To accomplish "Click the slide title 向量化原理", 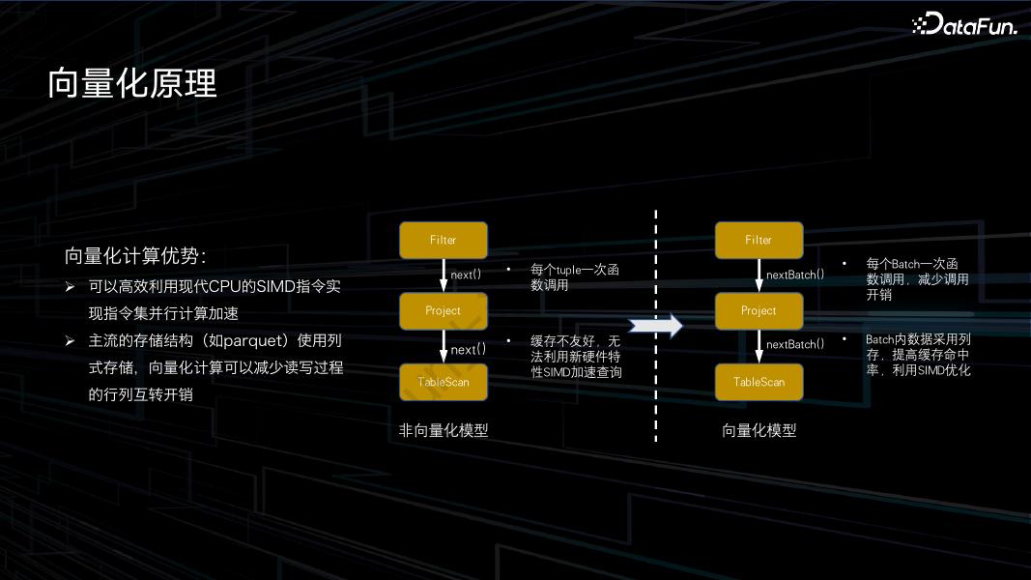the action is (x=132, y=84).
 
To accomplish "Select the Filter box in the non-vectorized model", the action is (x=443, y=240).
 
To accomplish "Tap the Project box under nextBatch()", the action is (x=759, y=310).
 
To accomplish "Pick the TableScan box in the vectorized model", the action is (x=759, y=382).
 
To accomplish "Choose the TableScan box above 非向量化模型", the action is (x=443, y=382).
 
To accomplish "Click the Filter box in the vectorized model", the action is (x=759, y=240).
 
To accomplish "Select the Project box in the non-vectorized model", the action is (x=443, y=310).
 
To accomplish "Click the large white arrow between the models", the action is (x=656, y=326).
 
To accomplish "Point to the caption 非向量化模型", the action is (x=444, y=430).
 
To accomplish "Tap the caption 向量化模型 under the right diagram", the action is (x=759, y=430).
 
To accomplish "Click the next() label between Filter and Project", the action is (x=466, y=275).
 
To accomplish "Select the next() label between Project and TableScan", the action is (x=469, y=349).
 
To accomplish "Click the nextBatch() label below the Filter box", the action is (x=795, y=275).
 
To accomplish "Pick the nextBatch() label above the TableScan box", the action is (x=795, y=344).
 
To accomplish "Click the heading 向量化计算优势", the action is (x=134, y=256).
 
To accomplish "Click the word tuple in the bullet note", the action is (x=571, y=271).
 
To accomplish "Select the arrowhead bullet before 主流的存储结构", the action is (x=70, y=340).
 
